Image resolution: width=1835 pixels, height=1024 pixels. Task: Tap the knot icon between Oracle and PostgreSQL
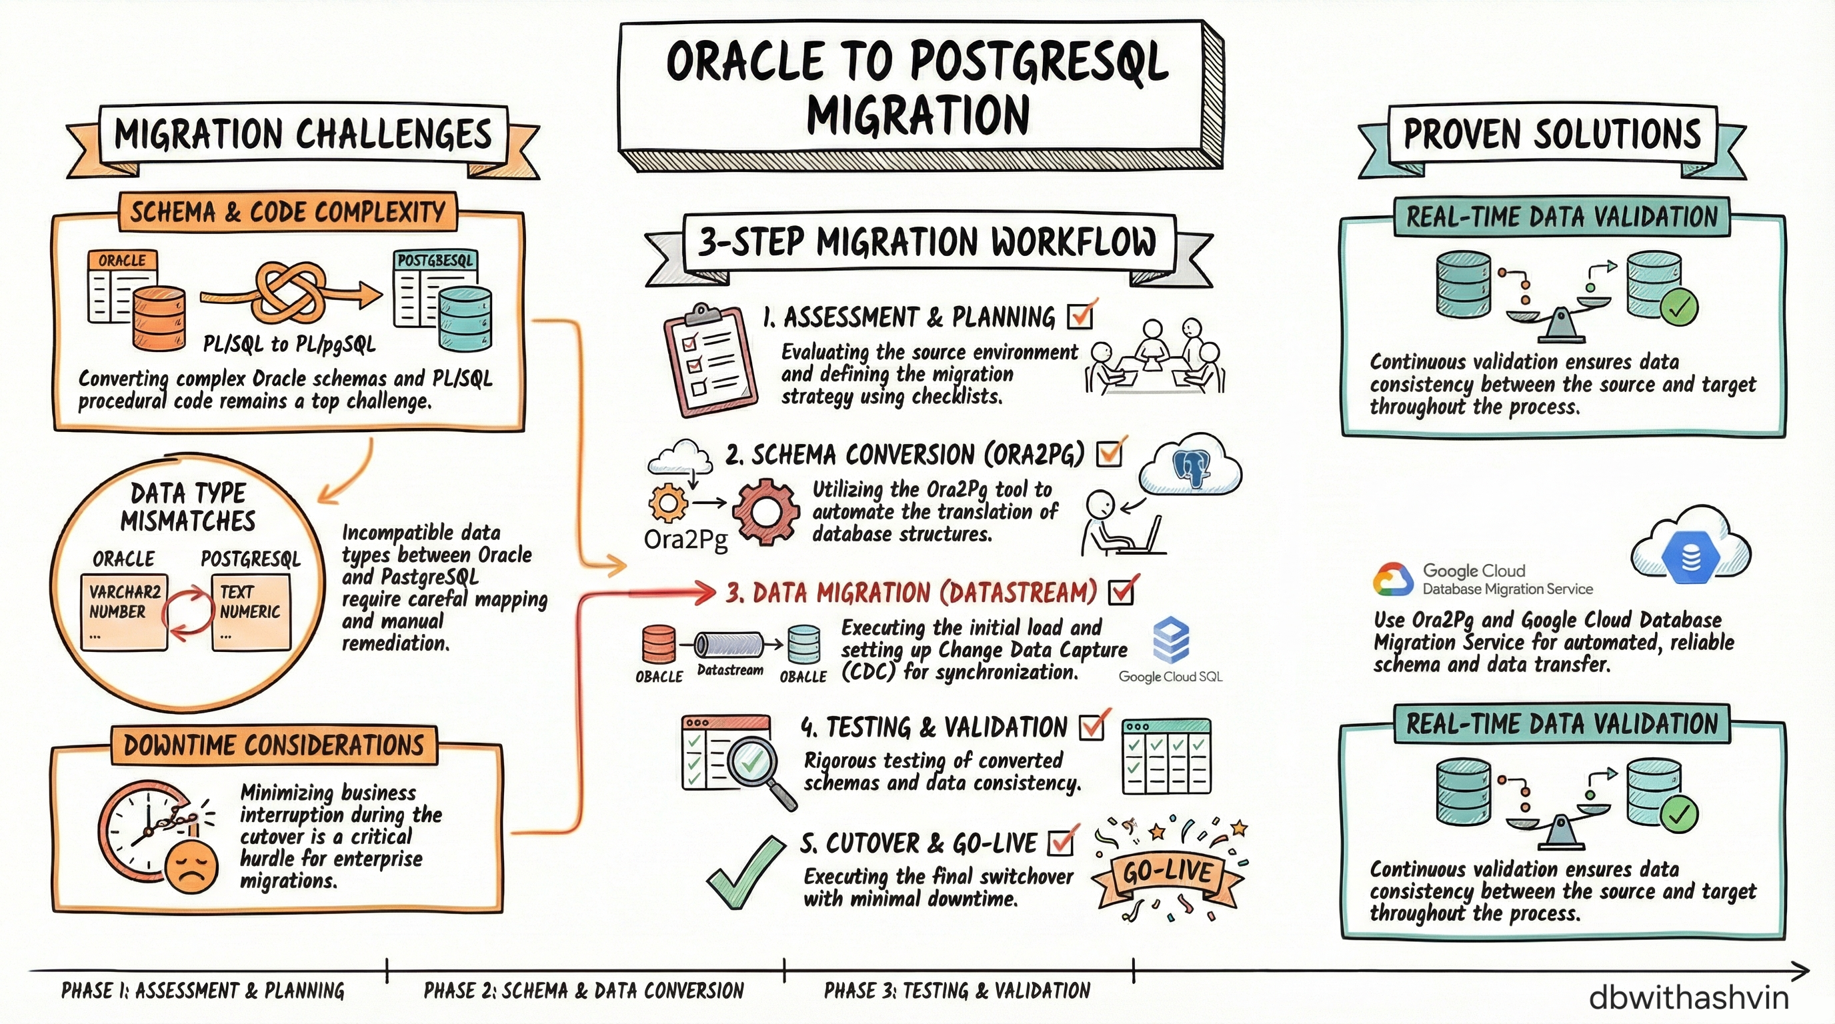click(x=290, y=293)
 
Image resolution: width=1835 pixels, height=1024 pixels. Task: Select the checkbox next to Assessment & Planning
click(x=1081, y=316)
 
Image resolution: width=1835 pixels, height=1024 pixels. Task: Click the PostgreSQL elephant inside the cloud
click(x=1190, y=469)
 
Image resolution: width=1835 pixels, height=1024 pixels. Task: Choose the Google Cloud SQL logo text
click(x=1170, y=677)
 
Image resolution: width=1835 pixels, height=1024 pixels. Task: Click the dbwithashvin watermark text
click(x=1688, y=997)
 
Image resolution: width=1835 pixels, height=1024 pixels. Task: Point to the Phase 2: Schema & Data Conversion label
click(x=583, y=991)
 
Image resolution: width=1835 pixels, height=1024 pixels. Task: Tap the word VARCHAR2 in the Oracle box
click(x=125, y=592)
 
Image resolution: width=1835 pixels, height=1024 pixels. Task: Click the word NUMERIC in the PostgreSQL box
click(x=249, y=612)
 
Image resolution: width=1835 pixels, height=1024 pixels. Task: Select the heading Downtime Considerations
click(x=273, y=745)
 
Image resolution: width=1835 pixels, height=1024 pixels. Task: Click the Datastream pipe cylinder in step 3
click(x=729, y=645)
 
